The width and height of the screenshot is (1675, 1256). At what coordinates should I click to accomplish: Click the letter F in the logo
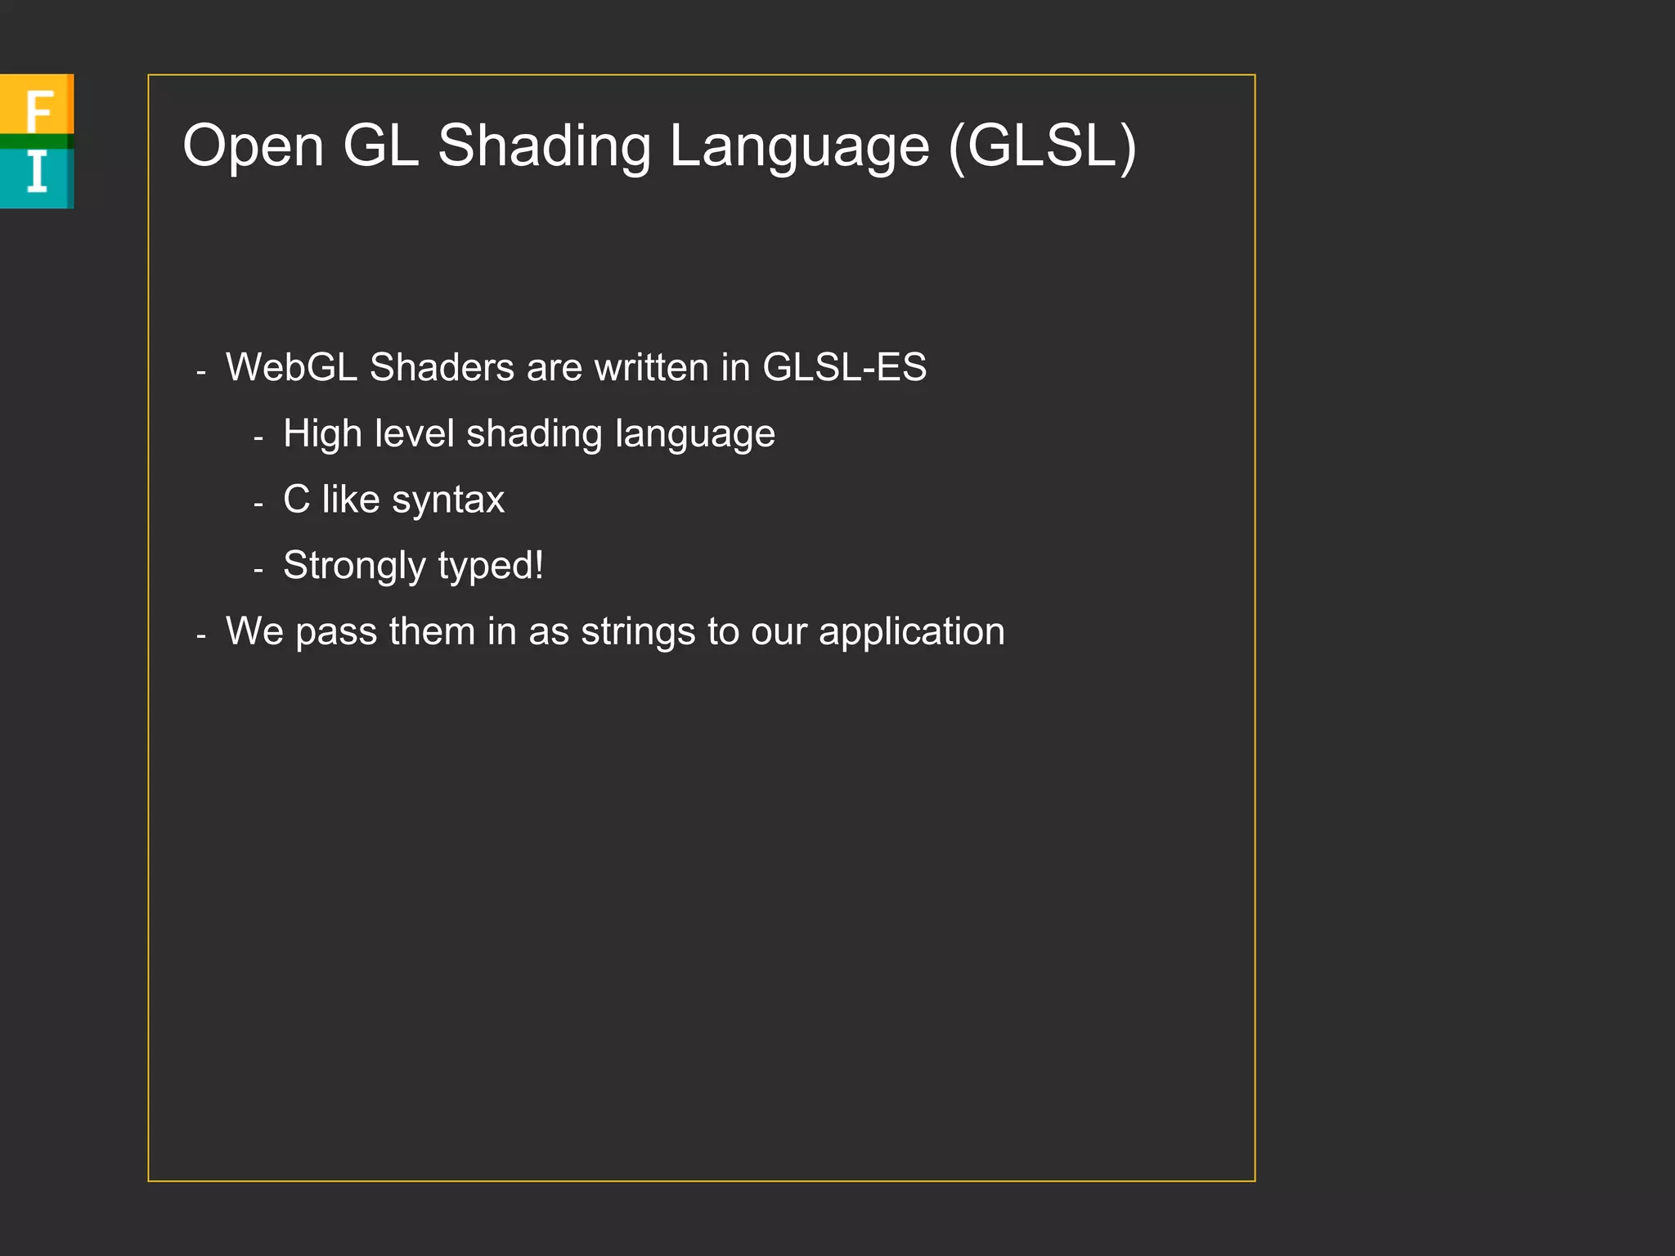38,110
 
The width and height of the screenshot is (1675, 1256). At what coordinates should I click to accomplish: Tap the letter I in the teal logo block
37,173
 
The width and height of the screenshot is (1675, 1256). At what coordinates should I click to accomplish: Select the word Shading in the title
544,146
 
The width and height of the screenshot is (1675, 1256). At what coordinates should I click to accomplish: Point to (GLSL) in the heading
1043,146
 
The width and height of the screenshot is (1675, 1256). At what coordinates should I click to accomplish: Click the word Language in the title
799,146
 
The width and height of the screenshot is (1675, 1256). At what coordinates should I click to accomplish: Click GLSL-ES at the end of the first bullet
844,367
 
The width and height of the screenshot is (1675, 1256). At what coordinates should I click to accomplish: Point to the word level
414,433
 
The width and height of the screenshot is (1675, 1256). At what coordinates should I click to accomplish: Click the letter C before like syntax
296,500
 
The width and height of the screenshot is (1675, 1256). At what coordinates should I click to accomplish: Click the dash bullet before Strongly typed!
258,569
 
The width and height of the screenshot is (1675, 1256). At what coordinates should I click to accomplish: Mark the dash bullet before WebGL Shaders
201,371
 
